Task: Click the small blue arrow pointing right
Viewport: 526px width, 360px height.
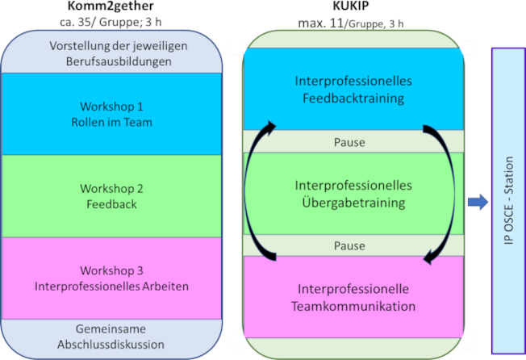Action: pos(477,203)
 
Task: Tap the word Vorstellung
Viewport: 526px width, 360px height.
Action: pos(78,46)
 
